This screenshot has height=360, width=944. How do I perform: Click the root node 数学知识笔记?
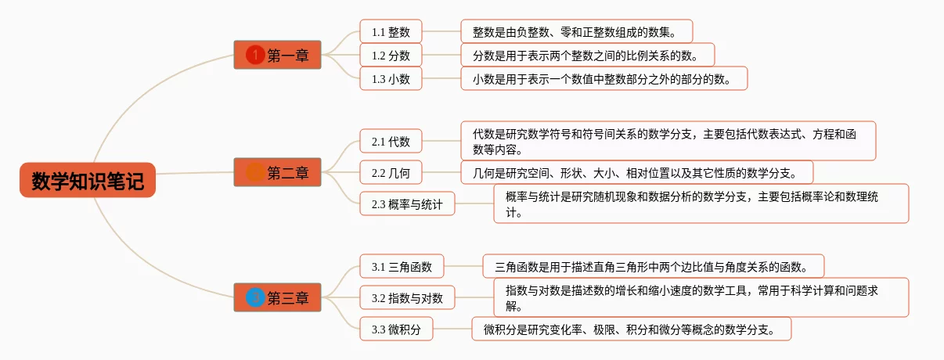88,180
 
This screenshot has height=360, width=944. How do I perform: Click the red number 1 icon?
255,55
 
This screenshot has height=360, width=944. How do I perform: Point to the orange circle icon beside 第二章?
255,172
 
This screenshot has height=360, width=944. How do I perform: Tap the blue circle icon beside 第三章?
255,297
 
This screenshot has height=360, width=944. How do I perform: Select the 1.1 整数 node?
391,31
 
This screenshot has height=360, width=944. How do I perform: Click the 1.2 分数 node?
391,55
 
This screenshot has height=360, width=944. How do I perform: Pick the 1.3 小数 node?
391,78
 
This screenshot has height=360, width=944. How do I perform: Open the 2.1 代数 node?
391,141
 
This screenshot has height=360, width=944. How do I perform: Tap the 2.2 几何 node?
391,172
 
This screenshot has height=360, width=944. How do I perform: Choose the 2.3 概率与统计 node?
407,203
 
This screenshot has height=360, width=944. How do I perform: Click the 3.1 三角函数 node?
402,266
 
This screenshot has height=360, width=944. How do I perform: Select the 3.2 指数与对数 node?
407,297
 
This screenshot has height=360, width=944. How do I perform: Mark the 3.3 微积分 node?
396,329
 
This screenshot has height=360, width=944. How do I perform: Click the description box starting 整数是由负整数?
576,31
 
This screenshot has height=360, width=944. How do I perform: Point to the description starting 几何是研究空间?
637,172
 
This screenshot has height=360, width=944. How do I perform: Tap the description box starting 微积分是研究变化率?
631,329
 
